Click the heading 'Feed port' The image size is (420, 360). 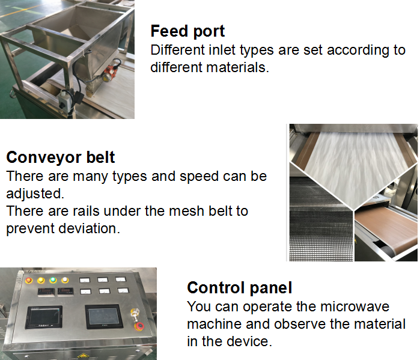(x=187, y=31)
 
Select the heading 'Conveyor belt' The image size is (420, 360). (x=61, y=157)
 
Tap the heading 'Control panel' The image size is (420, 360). (x=240, y=288)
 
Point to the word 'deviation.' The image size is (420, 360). (x=90, y=228)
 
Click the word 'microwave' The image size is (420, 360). (x=355, y=307)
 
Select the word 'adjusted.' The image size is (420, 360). (x=35, y=194)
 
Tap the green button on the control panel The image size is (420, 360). (x=53, y=280)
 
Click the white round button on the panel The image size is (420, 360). (x=65, y=280)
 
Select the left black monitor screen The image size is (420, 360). (x=44, y=317)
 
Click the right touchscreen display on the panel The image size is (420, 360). (x=104, y=316)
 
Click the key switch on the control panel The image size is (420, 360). (x=134, y=313)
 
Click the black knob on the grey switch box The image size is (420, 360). (x=62, y=105)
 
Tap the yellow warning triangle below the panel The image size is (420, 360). (x=83, y=357)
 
